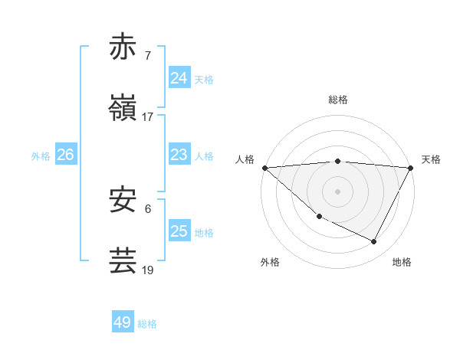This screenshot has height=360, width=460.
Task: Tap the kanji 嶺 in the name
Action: click(x=123, y=108)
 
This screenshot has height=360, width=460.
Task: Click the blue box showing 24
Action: click(x=179, y=78)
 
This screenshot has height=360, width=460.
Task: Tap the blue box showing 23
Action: click(x=179, y=155)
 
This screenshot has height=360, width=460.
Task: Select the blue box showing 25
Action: click(x=179, y=231)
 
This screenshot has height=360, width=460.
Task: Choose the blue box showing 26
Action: click(x=65, y=155)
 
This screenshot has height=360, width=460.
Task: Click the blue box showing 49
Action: click(x=123, y=322)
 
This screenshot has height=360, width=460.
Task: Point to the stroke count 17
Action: click(x=148, y=116)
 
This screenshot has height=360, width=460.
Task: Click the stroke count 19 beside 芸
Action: click(x=148, y=270)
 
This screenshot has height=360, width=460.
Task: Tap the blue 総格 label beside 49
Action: click(x=147, y=324)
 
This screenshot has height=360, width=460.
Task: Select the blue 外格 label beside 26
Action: click(x=41, y=156)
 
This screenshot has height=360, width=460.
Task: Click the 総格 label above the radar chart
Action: click(x=338, y=100)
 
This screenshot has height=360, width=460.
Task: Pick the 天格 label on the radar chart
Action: click(x=431, y=159)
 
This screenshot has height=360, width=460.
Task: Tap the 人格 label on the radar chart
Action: click(x=245, y=159)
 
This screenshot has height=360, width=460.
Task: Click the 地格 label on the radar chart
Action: click(x=402, y=262)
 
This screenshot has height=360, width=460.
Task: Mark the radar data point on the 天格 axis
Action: click(x=411, y=168)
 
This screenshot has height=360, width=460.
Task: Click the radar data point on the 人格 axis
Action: click(x=264, y=168)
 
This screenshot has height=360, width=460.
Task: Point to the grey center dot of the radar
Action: click(x=338, y=191)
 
